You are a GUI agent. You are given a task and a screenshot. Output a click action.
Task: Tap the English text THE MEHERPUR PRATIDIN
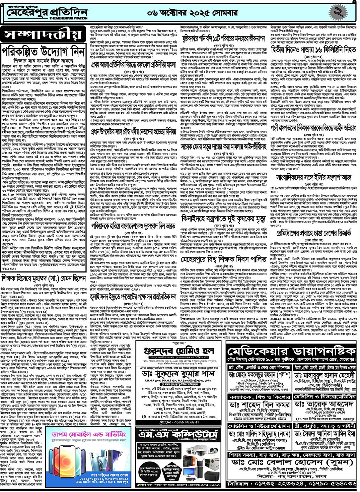[68, 18]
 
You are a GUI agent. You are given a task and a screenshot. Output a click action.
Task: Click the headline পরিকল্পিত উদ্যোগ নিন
[44, 52]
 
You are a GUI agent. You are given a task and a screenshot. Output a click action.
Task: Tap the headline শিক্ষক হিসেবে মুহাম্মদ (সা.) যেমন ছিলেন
[44, 278]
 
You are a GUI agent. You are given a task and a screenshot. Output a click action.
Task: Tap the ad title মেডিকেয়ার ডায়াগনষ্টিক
[291, 352]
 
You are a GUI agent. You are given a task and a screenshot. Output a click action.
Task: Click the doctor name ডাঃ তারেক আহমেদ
[324, 404]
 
